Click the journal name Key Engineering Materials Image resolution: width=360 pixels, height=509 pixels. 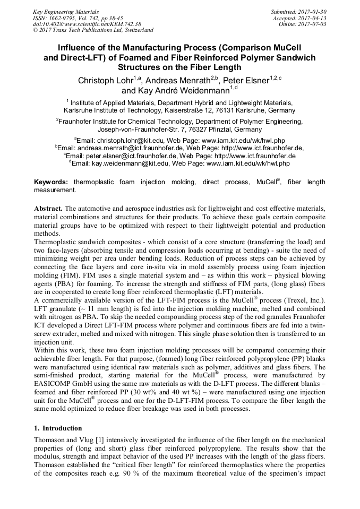coord(66,11)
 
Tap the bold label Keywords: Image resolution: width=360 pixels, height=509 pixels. coord(52,182)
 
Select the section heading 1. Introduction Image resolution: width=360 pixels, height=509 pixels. coord(58,428)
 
